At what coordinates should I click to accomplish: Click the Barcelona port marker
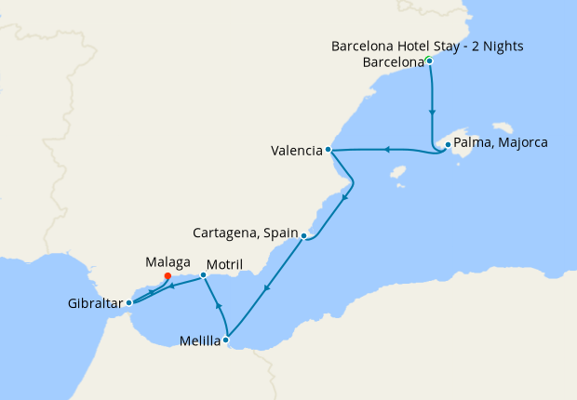pyautogui.click(x=429, y=61)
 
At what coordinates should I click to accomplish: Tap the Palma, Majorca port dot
pyautogui.click(x=448, y=144)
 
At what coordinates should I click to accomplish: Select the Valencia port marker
pyautogui.click(x=329, y=150)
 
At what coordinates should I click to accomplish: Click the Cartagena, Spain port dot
pyautogui.click(x=304, y=236)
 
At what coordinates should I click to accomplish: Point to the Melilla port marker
pyautogui.click(x=227, y=340)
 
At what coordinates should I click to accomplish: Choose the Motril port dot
pyautogui.click(x=204, y=275)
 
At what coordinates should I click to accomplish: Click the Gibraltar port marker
pyautogui.click(x=128, y=303)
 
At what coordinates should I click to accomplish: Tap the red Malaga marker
pyautogui.click(x=167, y=275)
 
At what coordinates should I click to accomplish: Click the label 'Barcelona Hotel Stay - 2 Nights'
pyautogui.click(x=427, y=46)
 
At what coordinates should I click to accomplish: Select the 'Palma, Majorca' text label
pyautogui.click(x=502, y=143)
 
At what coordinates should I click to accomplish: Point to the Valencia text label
pyautogui.click(x=297, y=150)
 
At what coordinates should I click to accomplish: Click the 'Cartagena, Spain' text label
pyautogui.click(x=245, y=233)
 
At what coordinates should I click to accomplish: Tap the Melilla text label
pyautogui.click(x=200, y=340)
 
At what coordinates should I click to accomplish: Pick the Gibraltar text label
pyautogui.click(x=95, y=304)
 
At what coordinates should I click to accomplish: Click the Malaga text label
pyautogui.click(x=168, y=262)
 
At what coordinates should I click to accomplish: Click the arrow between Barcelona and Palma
pyautogui.click(x=432, y=112)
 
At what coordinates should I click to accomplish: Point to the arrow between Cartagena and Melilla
pyautogui.click(x=266, y=289)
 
